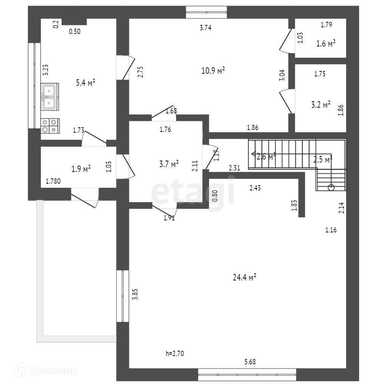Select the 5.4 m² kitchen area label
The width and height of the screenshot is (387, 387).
[x=85, y=83]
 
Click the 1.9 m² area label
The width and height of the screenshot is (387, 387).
[x=81, y=169]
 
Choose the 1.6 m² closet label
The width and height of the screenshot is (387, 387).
[x=326, y=43]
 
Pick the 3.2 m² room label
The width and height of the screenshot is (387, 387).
[x=320, y=104]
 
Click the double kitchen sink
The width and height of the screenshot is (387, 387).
[x=50, y=97]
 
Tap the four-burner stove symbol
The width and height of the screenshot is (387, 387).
[x=50, y=126]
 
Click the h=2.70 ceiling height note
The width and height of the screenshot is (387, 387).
[x=175, y=354]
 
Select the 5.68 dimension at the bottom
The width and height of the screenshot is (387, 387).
[x=250, y=362]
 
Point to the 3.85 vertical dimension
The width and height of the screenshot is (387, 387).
[x=135, y=294]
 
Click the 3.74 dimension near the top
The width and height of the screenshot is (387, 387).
[x=205, y=27]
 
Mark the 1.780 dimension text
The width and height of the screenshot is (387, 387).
[x=53, y=181]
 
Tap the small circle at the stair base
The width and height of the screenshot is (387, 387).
[x=331, y=187]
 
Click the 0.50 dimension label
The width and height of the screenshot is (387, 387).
[x=74, y=32]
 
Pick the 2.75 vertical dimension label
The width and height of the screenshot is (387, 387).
[x=140, y=72]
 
